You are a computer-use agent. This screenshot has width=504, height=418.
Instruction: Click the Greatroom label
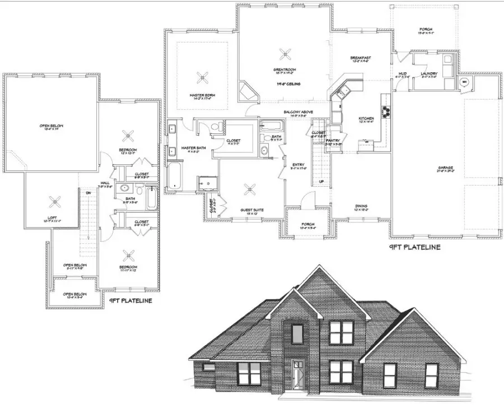point(285,70)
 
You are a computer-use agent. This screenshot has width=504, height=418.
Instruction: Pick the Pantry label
point(334,141)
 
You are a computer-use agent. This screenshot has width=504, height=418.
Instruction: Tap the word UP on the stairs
point(321,182)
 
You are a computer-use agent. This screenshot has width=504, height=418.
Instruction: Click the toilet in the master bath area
point(215,127)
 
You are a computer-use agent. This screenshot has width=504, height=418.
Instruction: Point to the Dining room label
point(361,206)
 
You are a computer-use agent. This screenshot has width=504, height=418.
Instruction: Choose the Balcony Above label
point(298,112)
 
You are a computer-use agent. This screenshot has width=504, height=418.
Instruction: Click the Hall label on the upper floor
point(105,183)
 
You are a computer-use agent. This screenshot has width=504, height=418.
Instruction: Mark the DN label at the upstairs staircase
point(88,193)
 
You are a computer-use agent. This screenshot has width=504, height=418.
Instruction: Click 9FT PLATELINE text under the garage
point(415,247)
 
